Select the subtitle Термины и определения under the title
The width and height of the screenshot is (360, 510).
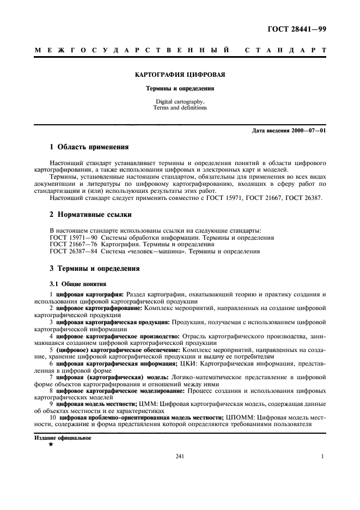point(180,88)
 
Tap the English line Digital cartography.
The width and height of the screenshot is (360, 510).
point(180,102)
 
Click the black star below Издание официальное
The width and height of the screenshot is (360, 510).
point(51,445)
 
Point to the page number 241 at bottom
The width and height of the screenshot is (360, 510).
point(180,457)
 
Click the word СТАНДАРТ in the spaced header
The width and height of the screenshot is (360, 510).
point(285,50)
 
